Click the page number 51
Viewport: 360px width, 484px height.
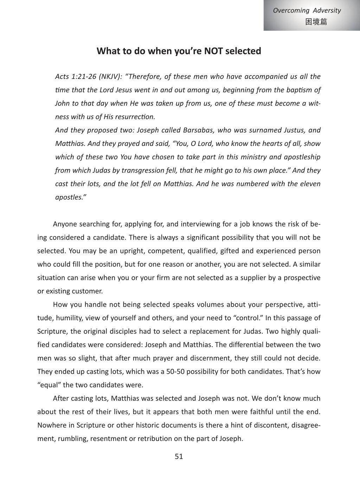pyautogui.click(x=179, y=457)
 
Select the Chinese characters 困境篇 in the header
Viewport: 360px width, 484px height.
pyautogui.click(x=316, y=22)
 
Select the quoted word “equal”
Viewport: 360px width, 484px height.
pyautogui.click(x=49, y=385)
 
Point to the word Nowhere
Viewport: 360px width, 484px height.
pyautogui.click(x=51, y=425)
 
